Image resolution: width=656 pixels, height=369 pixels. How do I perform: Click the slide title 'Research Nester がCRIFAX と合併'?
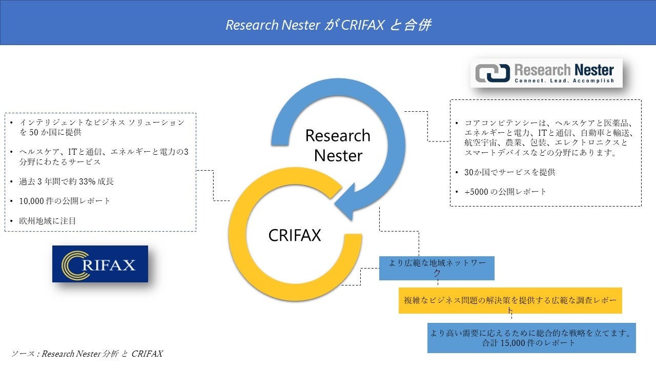tap(328, 25)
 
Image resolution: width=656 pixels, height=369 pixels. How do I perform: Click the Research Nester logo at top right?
tap(546, 73)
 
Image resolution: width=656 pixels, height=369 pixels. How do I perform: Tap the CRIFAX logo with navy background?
tap(100, 264)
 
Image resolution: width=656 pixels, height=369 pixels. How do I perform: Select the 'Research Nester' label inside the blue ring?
tap(338, 145)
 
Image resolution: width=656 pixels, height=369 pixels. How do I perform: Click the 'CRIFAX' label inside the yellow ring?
tap(295, 235)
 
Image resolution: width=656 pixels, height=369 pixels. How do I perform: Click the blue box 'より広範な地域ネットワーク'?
tap(437, 268)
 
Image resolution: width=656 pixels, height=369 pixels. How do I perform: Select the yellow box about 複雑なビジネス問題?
tap(510, 300)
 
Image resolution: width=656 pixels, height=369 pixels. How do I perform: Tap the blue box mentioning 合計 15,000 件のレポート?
tap(531, 338)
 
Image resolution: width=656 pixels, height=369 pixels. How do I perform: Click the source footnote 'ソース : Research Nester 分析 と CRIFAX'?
tap(87, 354)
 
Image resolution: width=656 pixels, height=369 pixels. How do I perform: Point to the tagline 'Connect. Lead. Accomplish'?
tap(563, 80)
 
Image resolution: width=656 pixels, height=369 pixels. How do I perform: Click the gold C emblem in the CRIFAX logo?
tap(72, 264)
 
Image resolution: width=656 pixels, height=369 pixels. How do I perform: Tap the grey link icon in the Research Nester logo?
tap(493, 73)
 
